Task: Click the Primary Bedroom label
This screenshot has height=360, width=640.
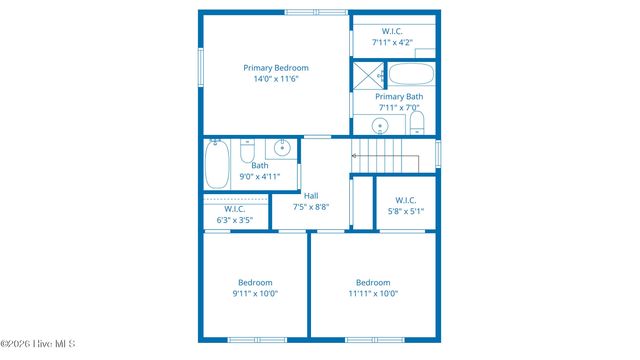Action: click(x=276, y=68)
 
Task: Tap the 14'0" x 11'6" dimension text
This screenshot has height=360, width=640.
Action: click(x=276, y=79)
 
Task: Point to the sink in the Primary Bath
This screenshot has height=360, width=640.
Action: click(x=380, y=125)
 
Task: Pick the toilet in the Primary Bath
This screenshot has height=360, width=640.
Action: click(x=417, y=123)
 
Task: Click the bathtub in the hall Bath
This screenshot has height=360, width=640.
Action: click(x=218, y=163)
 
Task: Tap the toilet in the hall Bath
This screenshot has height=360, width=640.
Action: click(x=248, y=152)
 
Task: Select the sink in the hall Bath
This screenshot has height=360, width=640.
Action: click(x=283, y=149)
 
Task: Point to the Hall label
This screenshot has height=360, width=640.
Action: click(x=311, y=196)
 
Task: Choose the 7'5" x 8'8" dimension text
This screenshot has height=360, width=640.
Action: click(x=311, y=207)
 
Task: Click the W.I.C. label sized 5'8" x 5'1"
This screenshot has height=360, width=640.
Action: click(x=406, y=200)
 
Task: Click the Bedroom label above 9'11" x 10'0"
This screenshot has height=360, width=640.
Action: click(x=255, y=282)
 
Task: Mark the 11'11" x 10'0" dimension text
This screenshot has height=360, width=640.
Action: click(x=373, y=294)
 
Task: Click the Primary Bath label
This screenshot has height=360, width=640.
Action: click(x=398, y=97)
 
